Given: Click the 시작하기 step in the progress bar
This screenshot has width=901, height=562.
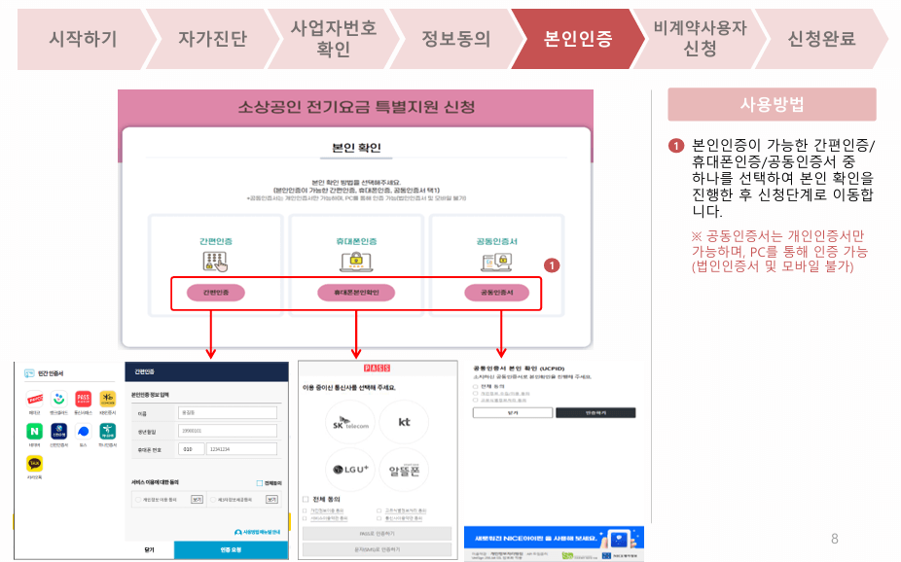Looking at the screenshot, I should coord(83,39).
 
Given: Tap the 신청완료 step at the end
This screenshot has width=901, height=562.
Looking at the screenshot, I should coord(821,39).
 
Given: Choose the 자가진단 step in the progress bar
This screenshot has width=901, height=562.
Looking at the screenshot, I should coord(212,39).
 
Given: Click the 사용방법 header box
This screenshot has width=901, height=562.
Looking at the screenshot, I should coord(772,105).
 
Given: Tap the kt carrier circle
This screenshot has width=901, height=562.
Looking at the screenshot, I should coord(404,421).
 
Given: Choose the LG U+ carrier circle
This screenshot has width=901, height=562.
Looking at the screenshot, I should coord(349,470).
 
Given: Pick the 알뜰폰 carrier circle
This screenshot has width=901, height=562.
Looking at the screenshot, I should coord(403,470).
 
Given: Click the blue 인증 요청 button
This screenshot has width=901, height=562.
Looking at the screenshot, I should coord(231,549).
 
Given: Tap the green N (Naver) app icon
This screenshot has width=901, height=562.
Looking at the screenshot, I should coord(35,431).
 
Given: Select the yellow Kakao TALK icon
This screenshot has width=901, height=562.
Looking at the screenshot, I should coord(35,465).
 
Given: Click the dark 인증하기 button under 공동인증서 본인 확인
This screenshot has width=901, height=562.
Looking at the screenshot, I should coord(595,412).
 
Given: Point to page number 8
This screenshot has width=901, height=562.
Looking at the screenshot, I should coord(834,538).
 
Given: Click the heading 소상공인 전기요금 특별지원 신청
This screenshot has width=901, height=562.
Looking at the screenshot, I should coord(357,106).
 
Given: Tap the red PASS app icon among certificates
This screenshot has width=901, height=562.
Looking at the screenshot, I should coord(84,398).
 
